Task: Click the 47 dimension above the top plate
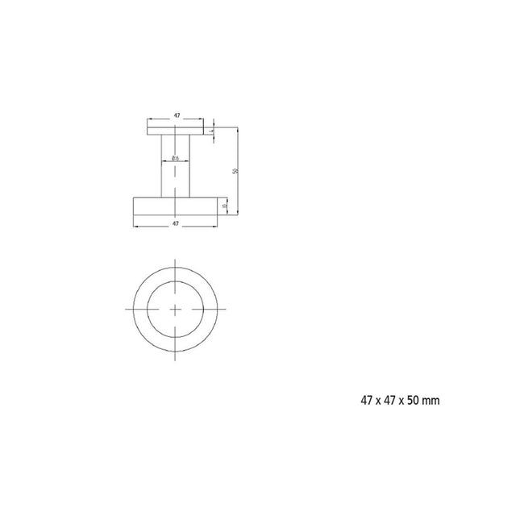coord(176,116)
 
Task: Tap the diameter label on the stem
coord(176,158)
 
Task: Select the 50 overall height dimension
coord(234,171)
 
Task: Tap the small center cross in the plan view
coord(176,309)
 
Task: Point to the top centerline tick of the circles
coord(176,264)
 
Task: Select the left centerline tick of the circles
coord(130,309)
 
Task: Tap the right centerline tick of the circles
coord(223,309)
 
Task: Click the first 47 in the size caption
coord(367,400)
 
